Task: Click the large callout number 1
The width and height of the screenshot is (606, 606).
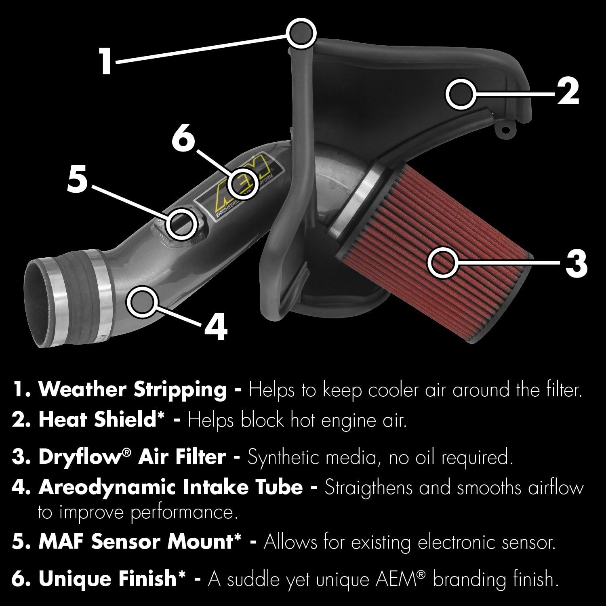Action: coord(106,61)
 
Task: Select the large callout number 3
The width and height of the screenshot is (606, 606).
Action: coord(575,263)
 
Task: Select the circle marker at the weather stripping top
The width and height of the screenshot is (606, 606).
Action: coord(301,33)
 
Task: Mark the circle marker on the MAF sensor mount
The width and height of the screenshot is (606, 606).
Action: coord(182,223)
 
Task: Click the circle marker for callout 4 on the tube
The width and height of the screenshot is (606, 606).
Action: coord(141,301)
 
